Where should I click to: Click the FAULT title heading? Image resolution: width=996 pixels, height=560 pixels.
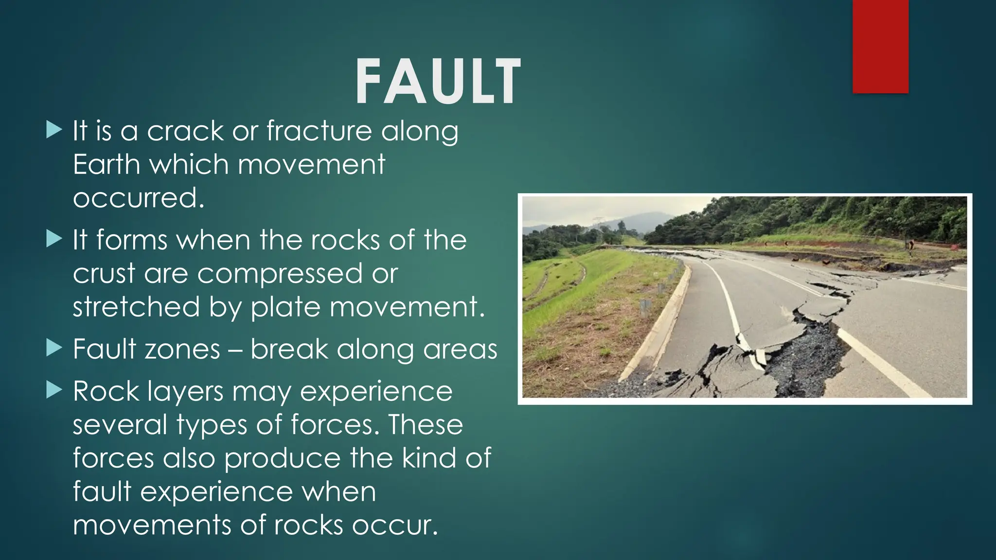click(x=438, y=81)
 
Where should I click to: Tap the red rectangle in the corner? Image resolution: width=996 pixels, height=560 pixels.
click(x=880, y=46)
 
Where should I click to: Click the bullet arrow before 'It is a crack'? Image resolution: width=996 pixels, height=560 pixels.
click(x=54, y=130)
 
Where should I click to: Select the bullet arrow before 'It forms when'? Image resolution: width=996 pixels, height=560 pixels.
click(x=54, y=239)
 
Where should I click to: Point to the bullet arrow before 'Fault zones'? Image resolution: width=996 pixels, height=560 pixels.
click(x=54, y=348)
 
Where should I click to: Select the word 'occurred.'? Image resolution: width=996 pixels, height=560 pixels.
click(x=139, y=198)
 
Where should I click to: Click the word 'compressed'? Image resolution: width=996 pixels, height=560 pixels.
click(x=280, y=274)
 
